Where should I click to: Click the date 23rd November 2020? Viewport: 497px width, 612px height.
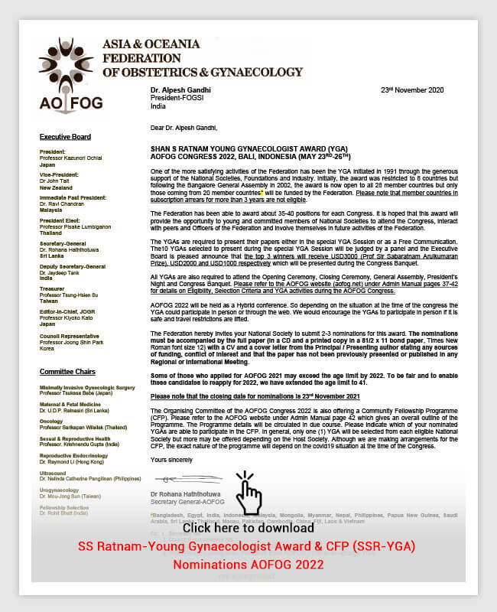[x=411, y=90]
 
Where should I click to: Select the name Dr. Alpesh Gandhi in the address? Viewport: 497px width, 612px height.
[x=181, y=90]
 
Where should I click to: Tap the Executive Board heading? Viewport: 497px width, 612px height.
[x=65, y=137]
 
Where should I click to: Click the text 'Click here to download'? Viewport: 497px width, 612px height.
[x=248, y=528]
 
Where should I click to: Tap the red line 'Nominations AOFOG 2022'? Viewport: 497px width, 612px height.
[x=248, y=565]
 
